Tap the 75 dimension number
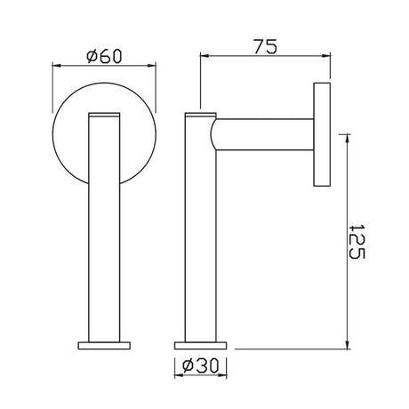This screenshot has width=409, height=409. tap(261, 47)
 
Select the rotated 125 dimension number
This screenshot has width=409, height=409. tap(356, 240)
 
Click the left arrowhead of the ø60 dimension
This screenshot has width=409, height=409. tap(57, 65)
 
